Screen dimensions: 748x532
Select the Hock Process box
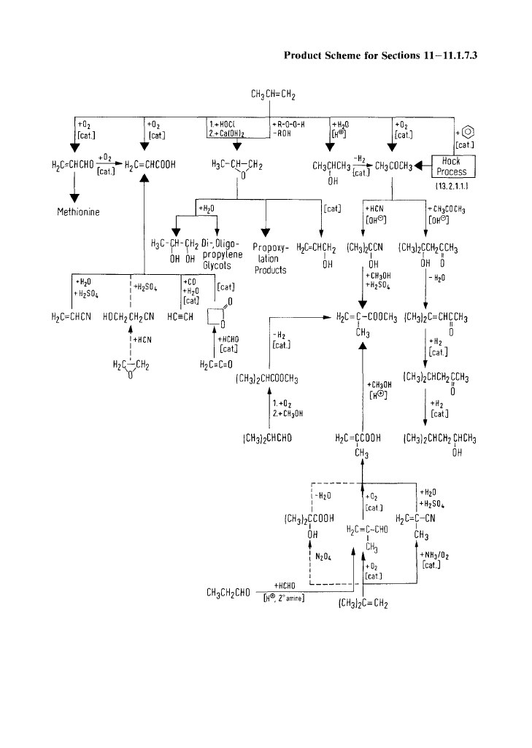455,166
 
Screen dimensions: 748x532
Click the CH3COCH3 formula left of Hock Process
396,163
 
